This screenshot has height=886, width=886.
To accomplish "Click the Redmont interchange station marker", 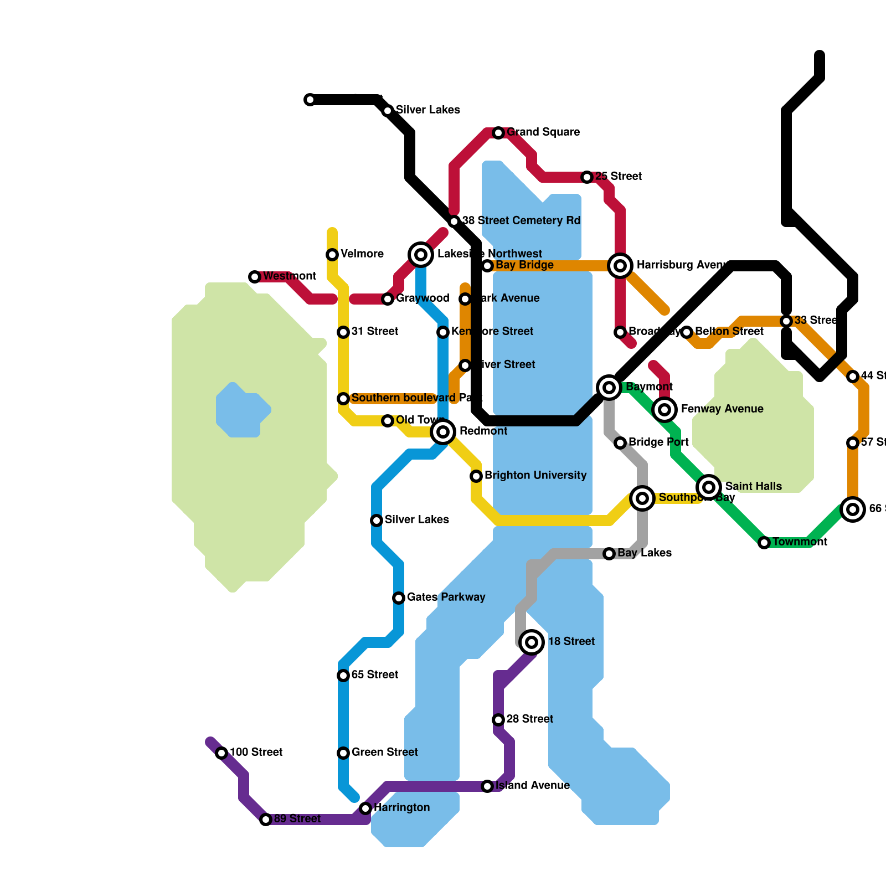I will click(x=443, y=432).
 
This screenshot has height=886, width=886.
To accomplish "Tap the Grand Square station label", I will click(x=543, y=132).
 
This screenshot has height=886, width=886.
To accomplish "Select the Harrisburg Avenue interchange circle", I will click(x=620, y=266).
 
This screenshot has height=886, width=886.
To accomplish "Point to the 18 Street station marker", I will click(x=532, y=642).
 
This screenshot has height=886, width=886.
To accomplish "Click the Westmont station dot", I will click(x=255, y=277).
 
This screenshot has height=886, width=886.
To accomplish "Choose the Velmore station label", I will click(x=362, y=254).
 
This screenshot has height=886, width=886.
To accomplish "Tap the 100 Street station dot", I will click(x=221, y=753).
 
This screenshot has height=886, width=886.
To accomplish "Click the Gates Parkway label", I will click(x=446, y=597).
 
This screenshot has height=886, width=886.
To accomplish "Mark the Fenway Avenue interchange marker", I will click(x=664, y=410).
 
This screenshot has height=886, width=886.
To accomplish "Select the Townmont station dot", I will click(x=764, y=543).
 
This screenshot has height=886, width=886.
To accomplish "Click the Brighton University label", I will click(x=535, y=476).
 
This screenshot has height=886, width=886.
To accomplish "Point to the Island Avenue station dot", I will click(x=487, y=786).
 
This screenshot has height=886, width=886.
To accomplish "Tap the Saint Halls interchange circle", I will click(x=709, y=487).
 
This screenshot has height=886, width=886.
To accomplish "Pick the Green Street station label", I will click(x=385, y=753).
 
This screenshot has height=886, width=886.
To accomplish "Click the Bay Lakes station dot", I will click(x=609, y=554).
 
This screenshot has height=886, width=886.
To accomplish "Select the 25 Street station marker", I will click(x=587, y=177).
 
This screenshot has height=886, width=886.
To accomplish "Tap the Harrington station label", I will click(x=401, y=808).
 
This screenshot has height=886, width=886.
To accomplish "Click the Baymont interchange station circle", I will click(x=609, y=388).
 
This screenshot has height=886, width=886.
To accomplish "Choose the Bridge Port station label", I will click(x=658, y=442).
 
